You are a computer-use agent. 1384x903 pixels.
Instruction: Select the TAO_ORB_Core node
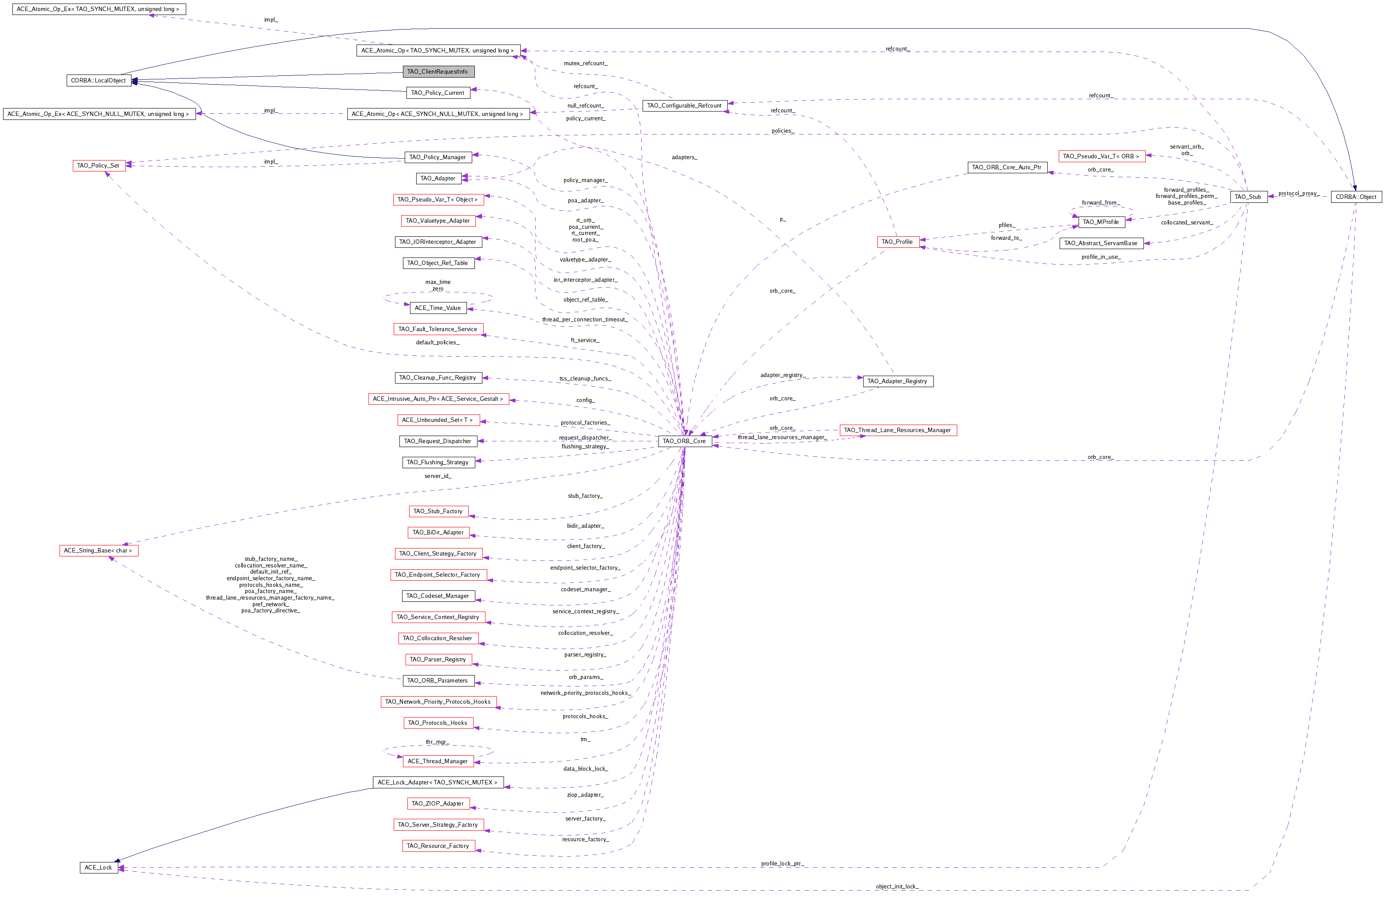[684, 441]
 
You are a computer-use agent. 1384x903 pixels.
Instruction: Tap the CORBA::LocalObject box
[98, 80]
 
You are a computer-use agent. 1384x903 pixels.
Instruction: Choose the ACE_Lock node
[98, 868]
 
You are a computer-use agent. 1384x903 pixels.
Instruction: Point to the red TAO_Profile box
[897, 242]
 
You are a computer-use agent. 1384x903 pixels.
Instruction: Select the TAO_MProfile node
[1101, 222]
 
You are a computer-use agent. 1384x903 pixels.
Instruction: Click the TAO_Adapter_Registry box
[897, 381]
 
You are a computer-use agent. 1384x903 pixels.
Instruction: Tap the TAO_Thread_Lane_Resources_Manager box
[897, 430]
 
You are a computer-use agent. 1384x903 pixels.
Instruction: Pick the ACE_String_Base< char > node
[98, 550]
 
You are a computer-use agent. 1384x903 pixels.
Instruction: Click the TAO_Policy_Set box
[98, 166]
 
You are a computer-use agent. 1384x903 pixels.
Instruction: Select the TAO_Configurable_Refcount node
[684, 106]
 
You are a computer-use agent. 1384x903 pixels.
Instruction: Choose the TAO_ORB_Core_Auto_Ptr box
[1007, 168]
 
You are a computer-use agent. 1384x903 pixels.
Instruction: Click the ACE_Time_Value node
[438, 308]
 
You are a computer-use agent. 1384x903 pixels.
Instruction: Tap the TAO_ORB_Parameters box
[438, 680]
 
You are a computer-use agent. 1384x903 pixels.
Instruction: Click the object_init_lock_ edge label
[897, 887]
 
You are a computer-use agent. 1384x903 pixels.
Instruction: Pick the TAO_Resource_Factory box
[438, 846]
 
